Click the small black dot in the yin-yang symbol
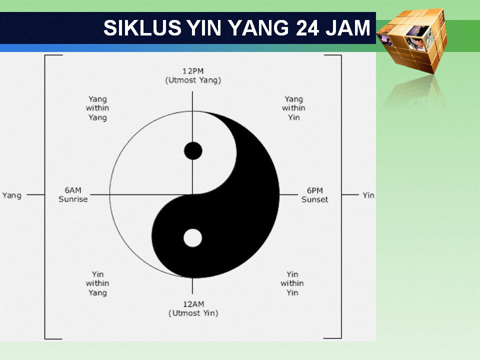193,150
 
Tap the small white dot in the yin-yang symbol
192,238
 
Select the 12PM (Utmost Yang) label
193,75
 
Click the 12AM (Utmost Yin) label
193,308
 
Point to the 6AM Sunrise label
73,194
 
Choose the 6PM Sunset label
315,194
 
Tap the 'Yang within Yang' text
97,108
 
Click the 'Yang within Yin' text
294,108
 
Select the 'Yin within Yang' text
97,283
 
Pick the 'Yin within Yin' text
292,283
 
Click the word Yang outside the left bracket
12,195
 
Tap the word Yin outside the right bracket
368,195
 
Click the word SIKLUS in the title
142,28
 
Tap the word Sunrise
73,199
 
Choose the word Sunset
315,199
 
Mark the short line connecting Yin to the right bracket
350,194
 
